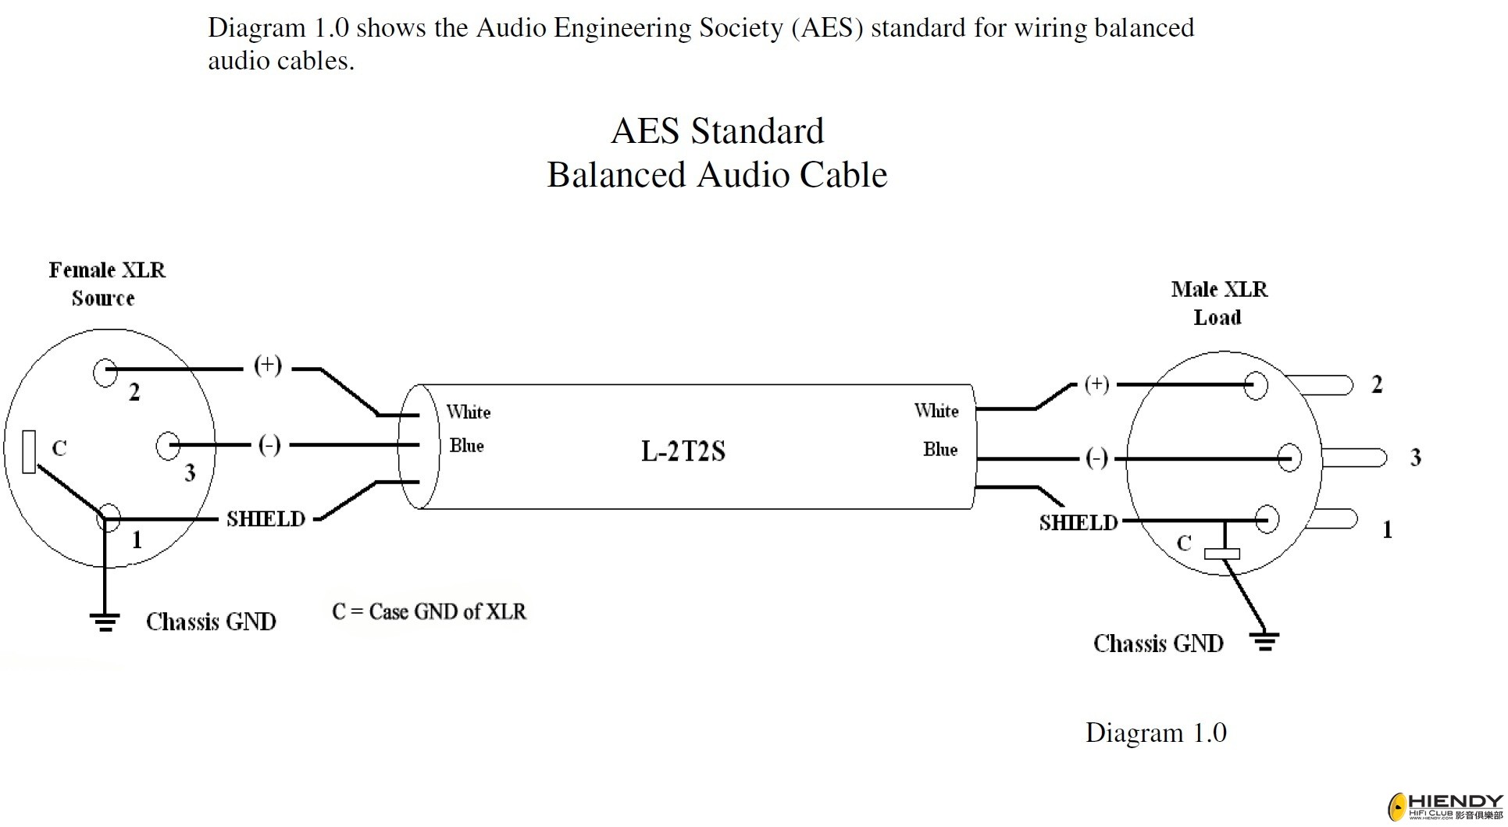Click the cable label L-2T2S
tap(683, 451)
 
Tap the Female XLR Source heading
tap(106, 283)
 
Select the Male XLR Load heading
tap(1218, 303)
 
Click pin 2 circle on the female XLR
tap(105, 372)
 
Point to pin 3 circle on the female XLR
tap(167, 446)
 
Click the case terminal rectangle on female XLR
tap(29, 451)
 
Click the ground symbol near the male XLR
tap(1264, 642)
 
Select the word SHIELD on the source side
tap(266, 519)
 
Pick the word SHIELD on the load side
tap(1078, 522)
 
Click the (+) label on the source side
tap(268, 365)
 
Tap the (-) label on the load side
tap(1096, 458)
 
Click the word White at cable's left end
tap(469, 412)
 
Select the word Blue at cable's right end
tap(939, 449)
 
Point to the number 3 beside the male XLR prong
tap(1415, 458)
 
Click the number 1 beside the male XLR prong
tap(1387, 530)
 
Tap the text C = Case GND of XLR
tap(429, 611)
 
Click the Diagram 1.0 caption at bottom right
tap(1155, 733)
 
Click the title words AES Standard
tap(717, 130)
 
